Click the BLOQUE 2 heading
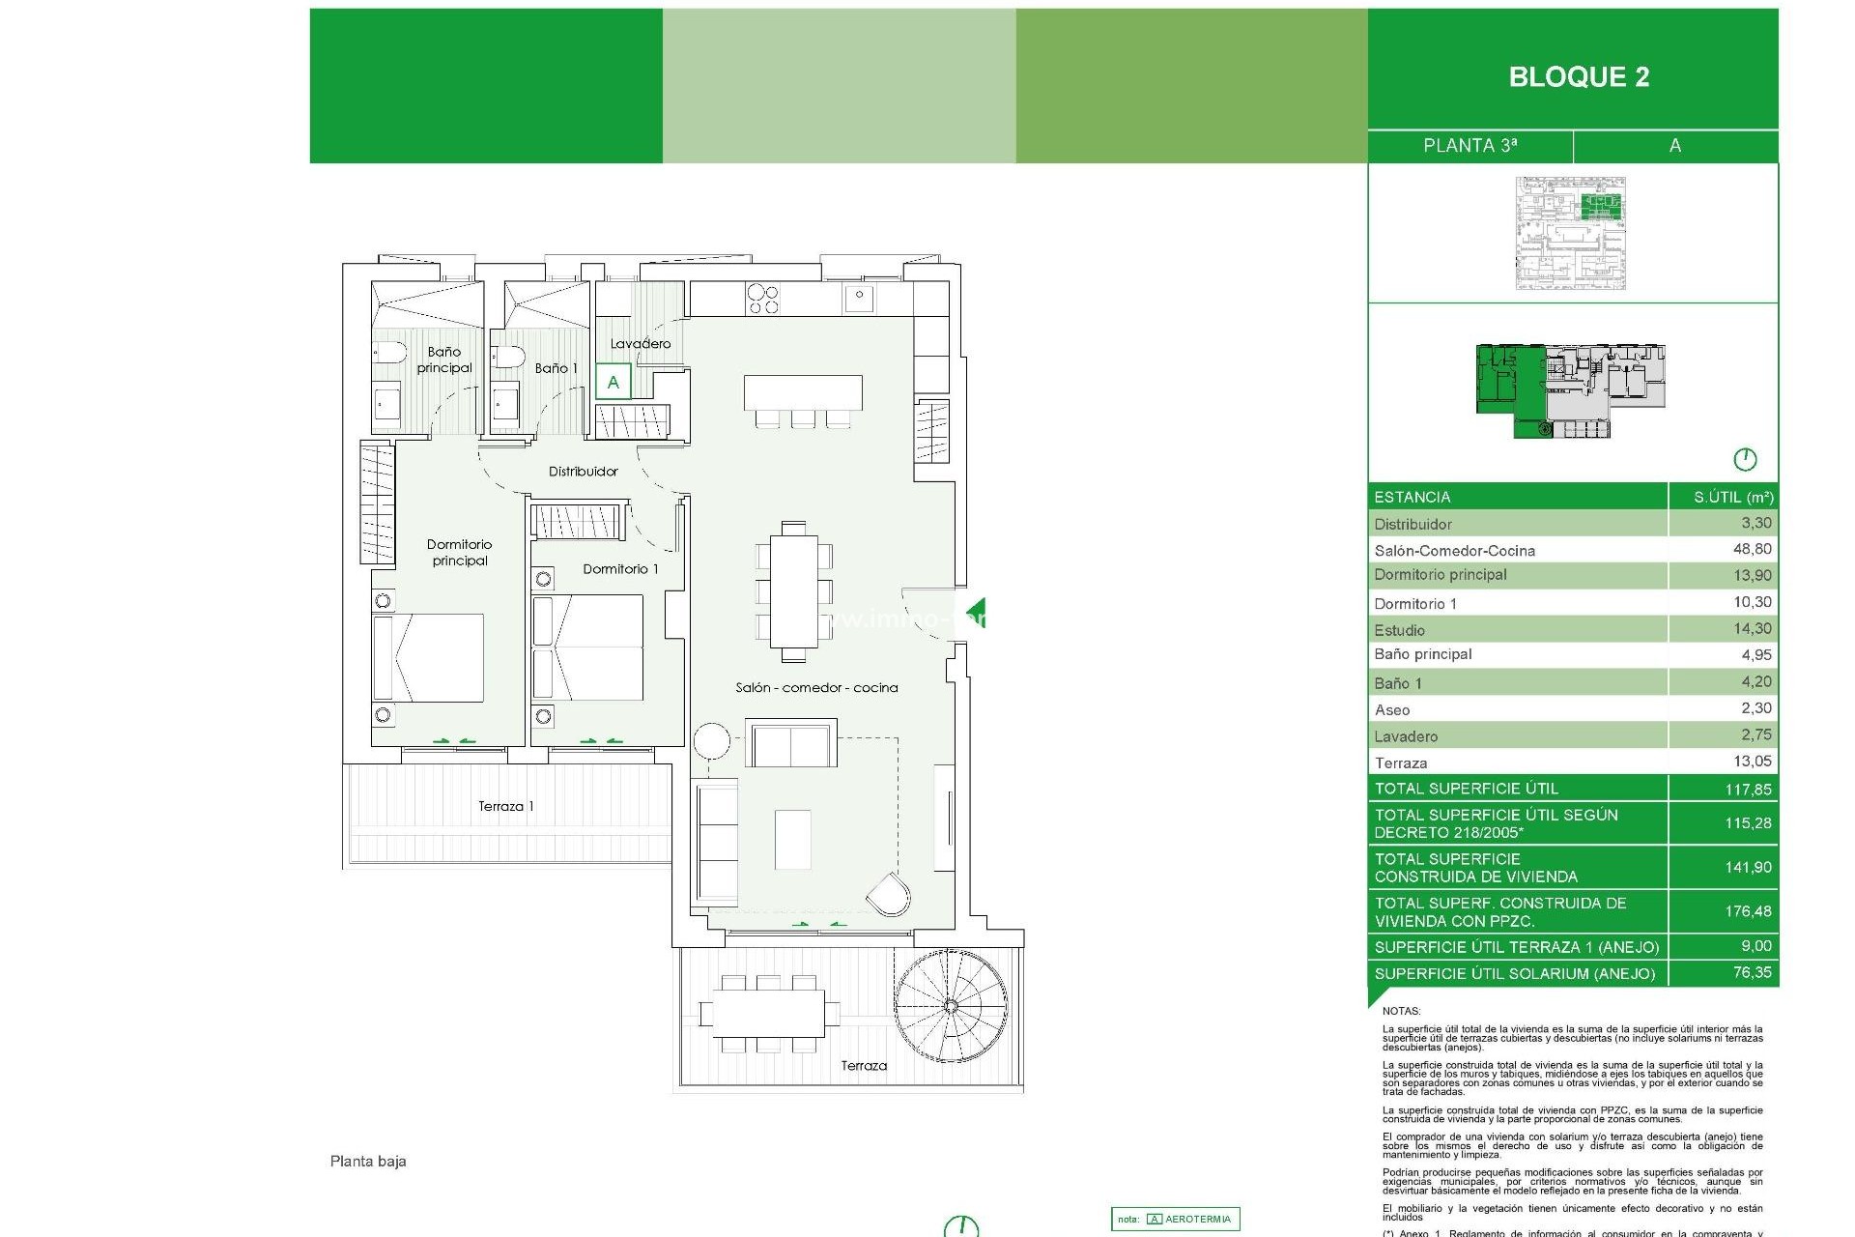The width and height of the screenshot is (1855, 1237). (x=1579, y=77)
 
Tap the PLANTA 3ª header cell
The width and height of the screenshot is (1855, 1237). (x=1470, y=146)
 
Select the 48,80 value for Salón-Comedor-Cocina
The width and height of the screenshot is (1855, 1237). (x=1752, y=549)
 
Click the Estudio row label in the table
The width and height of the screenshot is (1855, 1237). (x=1399, y=630)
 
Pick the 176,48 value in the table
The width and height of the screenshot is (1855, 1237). (x=1748, y=911)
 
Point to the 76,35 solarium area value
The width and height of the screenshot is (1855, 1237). (x=1752, y=972)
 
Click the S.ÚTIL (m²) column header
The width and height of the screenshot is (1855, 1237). (x=1732, y=497)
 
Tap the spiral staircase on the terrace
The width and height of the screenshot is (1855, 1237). (x=951, y=1006)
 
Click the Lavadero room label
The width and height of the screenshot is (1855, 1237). (x=640, y=344)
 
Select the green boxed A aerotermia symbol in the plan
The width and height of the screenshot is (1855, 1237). (x=613, y=383)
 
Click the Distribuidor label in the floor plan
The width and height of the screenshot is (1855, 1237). (x=583, y=472)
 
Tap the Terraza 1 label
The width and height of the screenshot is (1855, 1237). (x=505, y=806)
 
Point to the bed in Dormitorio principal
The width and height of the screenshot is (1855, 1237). (x=430, y=657)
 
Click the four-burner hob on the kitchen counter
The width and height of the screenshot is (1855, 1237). (x=761, y=298)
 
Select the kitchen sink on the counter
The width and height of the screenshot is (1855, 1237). (x=858, y=298)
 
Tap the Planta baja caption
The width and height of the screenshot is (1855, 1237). (x=368, y=1162)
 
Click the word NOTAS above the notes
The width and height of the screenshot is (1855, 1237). (x=1401, y=1011)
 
